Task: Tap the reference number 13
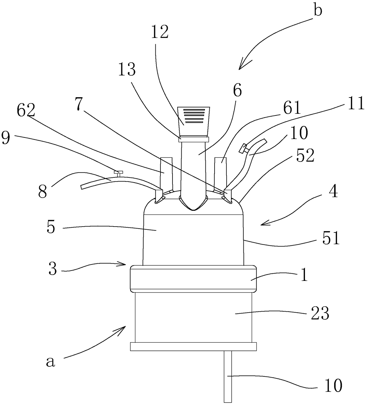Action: click(x=127, y=69)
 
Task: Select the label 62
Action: click(x=26, y=110)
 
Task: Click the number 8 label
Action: click(x=43, y=191)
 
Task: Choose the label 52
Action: click(x=305, y=155)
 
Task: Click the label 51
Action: click(x=331, y=238)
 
